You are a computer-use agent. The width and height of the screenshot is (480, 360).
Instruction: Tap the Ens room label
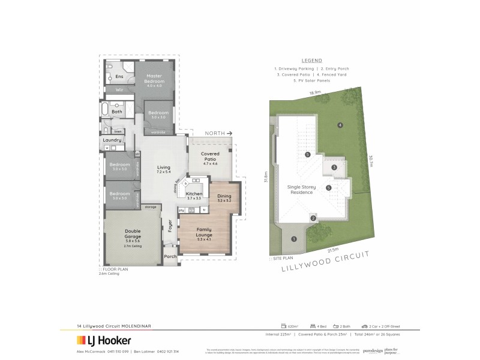pos(119,77)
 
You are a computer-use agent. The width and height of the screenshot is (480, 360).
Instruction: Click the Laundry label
pos(112,140)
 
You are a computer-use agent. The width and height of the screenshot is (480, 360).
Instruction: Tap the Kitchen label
pos(194,194)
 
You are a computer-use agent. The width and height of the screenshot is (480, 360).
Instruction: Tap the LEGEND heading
pos(312,61)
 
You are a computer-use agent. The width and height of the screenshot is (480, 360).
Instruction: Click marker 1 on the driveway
pos(294,239)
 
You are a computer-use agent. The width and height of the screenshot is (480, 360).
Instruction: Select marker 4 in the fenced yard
pos(340,125)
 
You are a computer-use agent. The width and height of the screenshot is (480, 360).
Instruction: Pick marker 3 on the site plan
pos(334,167)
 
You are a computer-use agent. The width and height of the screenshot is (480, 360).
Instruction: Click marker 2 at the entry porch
pos(313,218)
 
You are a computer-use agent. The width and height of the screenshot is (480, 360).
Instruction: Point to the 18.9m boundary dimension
pos(315,92)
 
